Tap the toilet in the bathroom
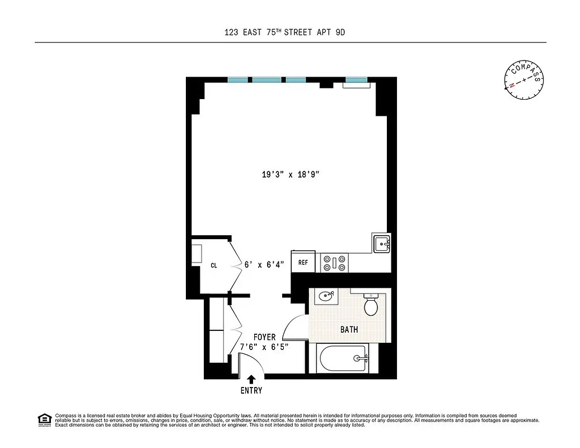(371, 304)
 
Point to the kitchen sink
(382, 244)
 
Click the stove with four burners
(334, 263)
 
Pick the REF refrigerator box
(303, 262)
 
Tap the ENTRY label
(251, 390)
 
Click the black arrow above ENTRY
(251, 379)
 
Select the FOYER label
(264, 337)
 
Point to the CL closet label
(214, 266)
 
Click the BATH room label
(349, 330)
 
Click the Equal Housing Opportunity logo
(44, 419)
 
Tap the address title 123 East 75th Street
(284, 32)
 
